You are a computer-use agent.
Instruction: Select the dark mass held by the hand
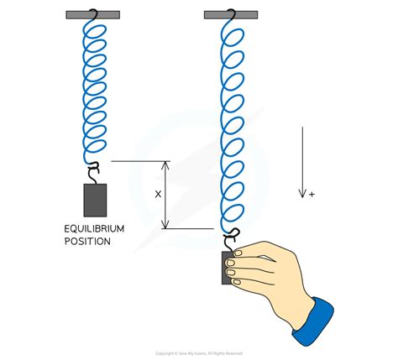pos(226,267)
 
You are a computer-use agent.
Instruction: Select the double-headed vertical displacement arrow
pos(165,195)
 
